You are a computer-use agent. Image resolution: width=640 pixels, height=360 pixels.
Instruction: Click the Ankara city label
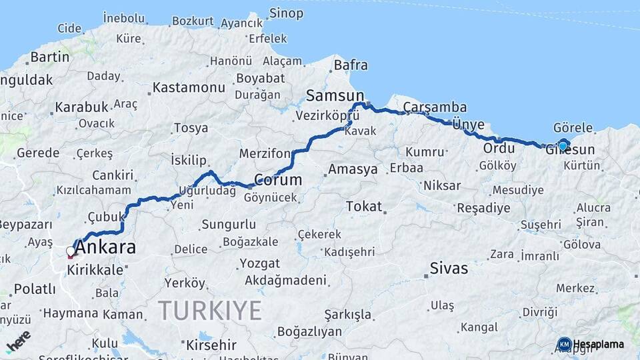tap(105, 248)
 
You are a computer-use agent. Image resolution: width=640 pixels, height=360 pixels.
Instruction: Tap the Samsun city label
tap(335, 96)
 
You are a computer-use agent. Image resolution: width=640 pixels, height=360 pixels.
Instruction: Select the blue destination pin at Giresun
tap(563, 146)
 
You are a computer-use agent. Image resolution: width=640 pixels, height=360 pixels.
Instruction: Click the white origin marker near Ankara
tap(71, 252)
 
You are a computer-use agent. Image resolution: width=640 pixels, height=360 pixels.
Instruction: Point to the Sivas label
tap(449, 269)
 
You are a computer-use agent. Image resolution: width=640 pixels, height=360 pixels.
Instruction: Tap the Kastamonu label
tap(189, 87)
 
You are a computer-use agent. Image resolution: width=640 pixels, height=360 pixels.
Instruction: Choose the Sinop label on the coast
tap(286, 13)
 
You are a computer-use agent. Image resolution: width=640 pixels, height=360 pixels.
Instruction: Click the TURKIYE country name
tap(210, 310)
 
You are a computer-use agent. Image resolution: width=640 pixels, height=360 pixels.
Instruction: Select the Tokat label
tap(363, 207)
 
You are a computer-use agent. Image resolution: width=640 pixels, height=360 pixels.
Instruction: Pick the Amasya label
tap(362, 169)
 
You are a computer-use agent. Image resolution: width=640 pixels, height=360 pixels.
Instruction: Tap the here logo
tap(17, 341)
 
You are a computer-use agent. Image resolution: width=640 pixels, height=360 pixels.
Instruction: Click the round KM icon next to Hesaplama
tap(565, 344)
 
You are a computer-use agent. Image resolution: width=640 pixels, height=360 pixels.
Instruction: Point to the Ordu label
tap(499, 147)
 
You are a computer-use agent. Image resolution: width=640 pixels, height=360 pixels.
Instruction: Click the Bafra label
tap(350, 65)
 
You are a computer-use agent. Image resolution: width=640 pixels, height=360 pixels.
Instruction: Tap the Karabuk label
tap(81, 107)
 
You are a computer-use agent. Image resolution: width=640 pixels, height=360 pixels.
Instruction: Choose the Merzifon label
tap(267, 154)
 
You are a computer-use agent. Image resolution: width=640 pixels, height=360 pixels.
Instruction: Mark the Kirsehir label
tap(211, 345)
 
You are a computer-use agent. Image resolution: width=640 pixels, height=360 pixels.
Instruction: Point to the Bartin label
tap(50, 57)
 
